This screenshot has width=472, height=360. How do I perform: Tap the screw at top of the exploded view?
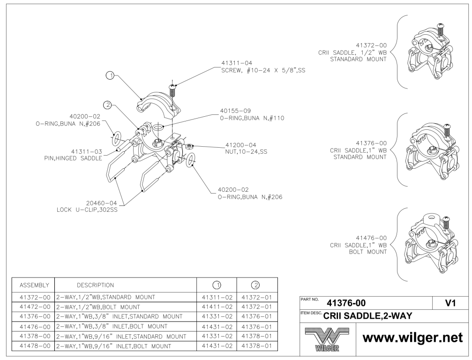tap(172, 90)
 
